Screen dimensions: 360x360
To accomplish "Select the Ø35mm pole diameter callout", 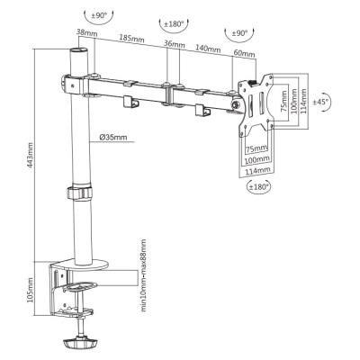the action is [x=113, y=138].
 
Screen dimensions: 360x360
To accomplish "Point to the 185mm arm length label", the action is [x=131, y=38].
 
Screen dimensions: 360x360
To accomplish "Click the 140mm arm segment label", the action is [x=208, y=48].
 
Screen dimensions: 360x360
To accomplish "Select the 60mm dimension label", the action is [x=244, y=53].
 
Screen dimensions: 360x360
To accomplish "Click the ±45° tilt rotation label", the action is [x=321, y=102].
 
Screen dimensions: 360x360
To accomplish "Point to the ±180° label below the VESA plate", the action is [x=258, y=187].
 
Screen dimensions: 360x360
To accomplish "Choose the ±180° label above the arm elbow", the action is [x=174, y=24].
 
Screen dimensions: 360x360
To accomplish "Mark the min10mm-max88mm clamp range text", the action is [x=144, y=275].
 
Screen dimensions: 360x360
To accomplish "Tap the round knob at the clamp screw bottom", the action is [x=80, y=343].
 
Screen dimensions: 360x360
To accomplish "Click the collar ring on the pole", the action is [x=79, y=193].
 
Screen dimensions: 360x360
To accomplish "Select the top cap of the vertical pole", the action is [x=79, y=50].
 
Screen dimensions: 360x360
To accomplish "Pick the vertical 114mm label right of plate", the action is [x=303, y=101].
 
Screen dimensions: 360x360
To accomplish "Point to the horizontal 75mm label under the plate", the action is [x=256, y=148].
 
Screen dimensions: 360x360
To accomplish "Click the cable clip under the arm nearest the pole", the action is [x=130, y=102].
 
